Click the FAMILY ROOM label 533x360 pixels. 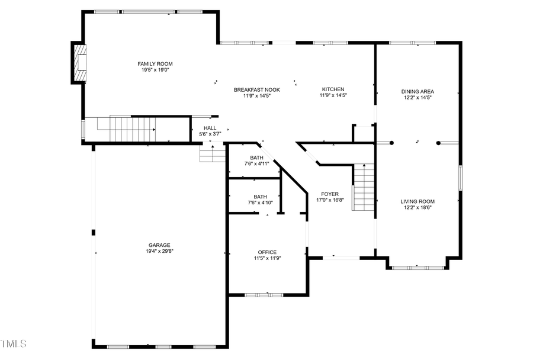155,64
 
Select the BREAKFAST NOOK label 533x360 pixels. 256,90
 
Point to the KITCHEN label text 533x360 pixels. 333,89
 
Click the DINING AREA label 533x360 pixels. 418,92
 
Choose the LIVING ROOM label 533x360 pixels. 418,201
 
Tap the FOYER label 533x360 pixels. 330,194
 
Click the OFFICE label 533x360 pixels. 266,252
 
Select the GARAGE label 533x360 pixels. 159,245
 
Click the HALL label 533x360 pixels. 210,128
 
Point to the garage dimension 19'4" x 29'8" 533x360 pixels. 159,251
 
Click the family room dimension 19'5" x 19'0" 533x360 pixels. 155,70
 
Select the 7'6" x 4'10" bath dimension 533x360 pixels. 261,202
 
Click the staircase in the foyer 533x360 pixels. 364,188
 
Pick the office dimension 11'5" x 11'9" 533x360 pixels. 266,258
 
